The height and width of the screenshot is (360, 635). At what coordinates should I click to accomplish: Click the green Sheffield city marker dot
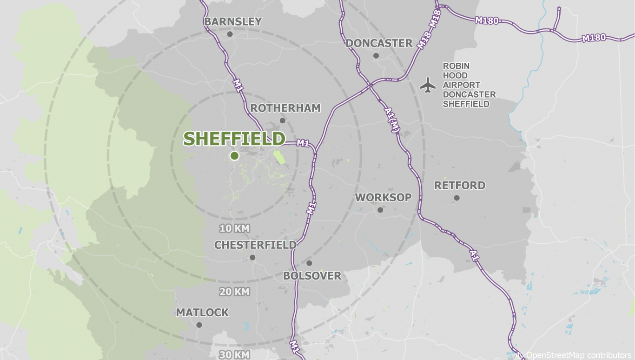tap(234, 156)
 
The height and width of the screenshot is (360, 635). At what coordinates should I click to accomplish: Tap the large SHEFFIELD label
tap(234, 139)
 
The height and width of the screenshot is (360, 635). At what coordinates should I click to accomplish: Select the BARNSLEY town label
tap(233, 22)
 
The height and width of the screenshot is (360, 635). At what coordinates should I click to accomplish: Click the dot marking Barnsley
tap(230, 34)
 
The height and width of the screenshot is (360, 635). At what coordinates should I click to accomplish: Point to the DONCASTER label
tap(379, 43)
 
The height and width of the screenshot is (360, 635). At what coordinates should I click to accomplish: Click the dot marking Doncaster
tap(376, 56)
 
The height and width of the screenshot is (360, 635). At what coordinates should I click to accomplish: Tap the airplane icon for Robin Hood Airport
tap(428, 85)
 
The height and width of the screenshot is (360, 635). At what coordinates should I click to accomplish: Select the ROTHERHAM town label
tap(285, 108)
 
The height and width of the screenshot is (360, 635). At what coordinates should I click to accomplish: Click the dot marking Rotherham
tap(282, 120)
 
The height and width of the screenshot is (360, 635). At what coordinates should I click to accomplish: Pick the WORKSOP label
tap(383, 197)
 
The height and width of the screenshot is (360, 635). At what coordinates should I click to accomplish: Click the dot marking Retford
tap(456, 198)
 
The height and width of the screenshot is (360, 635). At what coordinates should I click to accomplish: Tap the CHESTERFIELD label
tap(255, 245)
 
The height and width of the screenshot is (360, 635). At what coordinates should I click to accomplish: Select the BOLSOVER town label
tap(312, 276)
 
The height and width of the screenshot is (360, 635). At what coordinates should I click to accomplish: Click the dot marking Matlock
tap(199, 325)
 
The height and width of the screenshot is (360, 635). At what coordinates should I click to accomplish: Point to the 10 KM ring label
tap(235, 228)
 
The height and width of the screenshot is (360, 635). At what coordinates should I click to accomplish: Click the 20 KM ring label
tap(235, 292)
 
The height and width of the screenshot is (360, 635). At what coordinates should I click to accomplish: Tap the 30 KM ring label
tap(235, 355)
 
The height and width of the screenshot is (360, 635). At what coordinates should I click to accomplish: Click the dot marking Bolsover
tap(309, 263)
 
